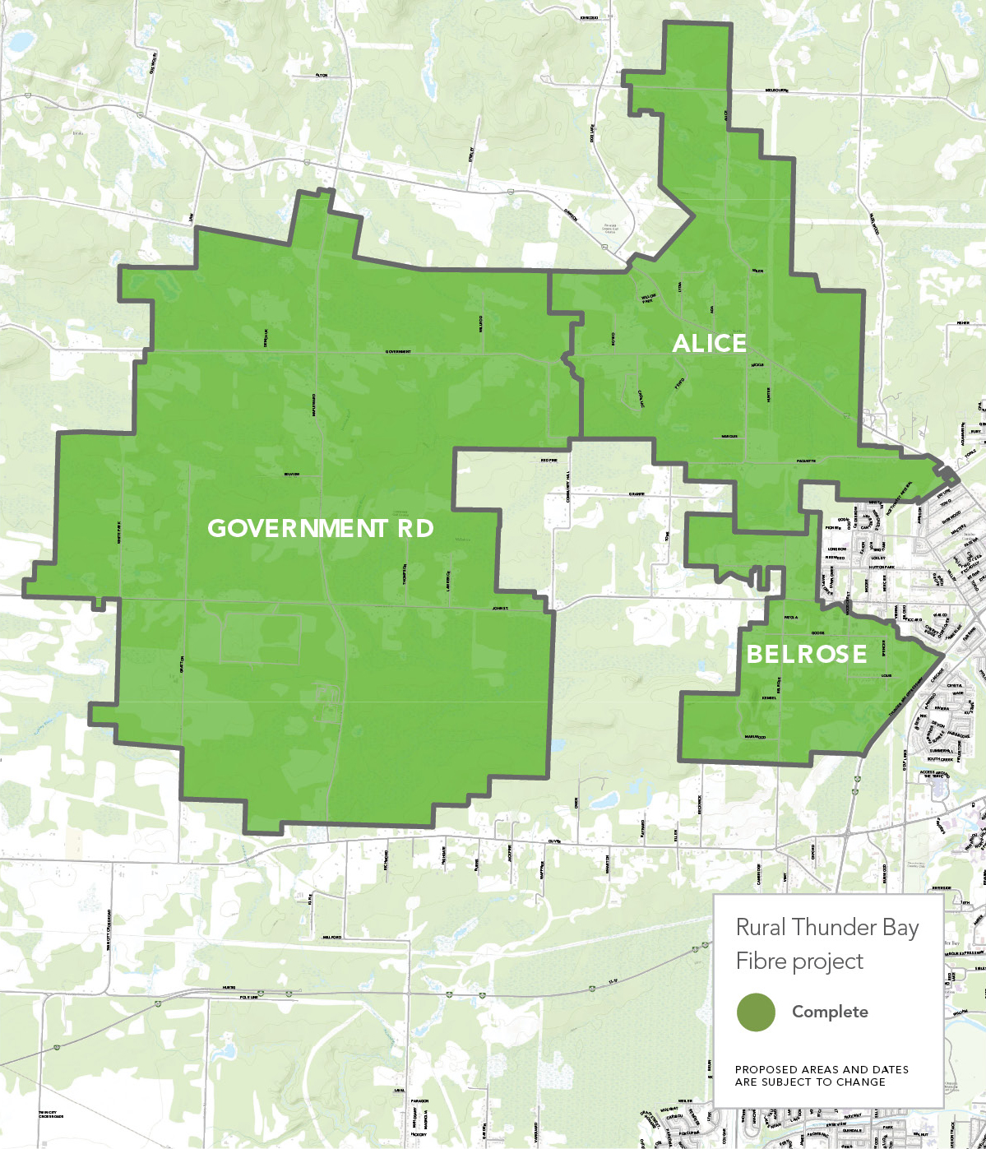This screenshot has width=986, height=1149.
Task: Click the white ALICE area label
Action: click(709, 344)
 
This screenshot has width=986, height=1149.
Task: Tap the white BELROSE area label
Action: click(806, 655)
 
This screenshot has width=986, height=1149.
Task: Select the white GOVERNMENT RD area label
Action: click(321, 529)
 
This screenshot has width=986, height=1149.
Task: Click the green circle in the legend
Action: click(756, 1012)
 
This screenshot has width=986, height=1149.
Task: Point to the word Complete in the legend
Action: click(829, 1012)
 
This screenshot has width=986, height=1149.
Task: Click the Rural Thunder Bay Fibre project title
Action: click(826, 944)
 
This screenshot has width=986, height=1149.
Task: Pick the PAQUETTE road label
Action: click(806, 461)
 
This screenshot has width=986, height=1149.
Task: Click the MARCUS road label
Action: click(729, 437)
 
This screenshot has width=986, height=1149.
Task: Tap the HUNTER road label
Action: click(768, 395)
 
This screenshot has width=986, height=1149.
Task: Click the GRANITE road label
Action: click(637, 494)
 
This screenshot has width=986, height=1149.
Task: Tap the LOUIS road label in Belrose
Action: click(886, 676)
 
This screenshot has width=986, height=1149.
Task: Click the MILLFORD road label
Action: click(331, 937)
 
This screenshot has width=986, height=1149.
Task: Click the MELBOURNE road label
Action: click(776, 90)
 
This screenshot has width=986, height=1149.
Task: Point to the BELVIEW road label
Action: click(291, 475)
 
